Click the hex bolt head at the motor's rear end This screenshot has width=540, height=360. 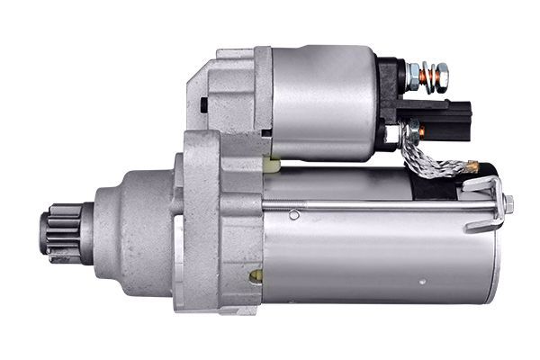pyautogui.click(x=508, y=203)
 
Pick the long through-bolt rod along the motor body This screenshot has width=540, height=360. pyautogui.click(x=387, y=214)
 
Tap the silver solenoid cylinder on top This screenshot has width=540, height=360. pyautogui.click(x=324, y=101)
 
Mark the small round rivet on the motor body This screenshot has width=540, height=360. pyautogui.click(x=293, y=215)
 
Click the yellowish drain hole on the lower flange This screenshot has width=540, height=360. pyautogui.click(x=256, y=275)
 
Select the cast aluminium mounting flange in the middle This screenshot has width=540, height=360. pyautogui.click(x=216, y=225)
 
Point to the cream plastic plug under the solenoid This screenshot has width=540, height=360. pyautogui.click(x=273, y=164)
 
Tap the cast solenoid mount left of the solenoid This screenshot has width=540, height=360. pyautogui.click(x=229, y=90)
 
